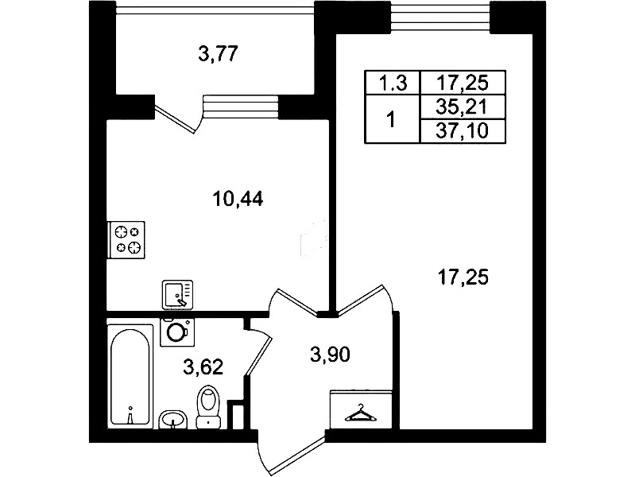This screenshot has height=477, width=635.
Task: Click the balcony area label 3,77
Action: pyautogui.click(x=217, y=53)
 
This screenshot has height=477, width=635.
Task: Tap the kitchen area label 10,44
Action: pyautogui.click(x=238, y=199)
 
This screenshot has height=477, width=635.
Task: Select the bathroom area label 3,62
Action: pyautogui.click(x=203, y=367)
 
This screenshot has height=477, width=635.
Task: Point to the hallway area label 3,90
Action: pyautogui.click(x=330, y=355)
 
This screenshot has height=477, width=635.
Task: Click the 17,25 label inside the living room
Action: pyautogui.click(x=463, y=278)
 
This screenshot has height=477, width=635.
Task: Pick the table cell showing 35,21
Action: pyautogui.click(x=463, y=107)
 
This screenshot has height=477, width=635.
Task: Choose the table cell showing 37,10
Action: pyautogui.click(x=463, y=131)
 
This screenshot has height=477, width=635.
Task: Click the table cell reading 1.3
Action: pyautogui.click(x=393, y=83)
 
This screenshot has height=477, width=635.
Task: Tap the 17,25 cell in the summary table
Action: pyautogui.click(x=463, y=83)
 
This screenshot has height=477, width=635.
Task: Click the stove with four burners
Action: pyautogui.click(x=126, y=240)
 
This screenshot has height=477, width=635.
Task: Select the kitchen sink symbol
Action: pyautogui.click(x=177, y=295)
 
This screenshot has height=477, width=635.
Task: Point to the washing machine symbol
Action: pyautogui.click(x=177, y=332)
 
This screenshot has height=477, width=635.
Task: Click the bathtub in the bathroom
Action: pyautogui.click(x=130, y=377)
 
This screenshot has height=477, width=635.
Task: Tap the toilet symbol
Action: pyautogui.click(x=208, y=406)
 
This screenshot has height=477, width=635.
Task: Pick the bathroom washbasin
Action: pyautogui.click(x=173, y=420)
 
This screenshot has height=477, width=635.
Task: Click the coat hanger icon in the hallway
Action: pyautogui.click(x=360, y=413)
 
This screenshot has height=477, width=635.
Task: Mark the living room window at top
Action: pyautogui.click(x=441, y=16)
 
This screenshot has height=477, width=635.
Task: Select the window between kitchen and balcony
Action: pyautogui.click(x=241, y=107)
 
